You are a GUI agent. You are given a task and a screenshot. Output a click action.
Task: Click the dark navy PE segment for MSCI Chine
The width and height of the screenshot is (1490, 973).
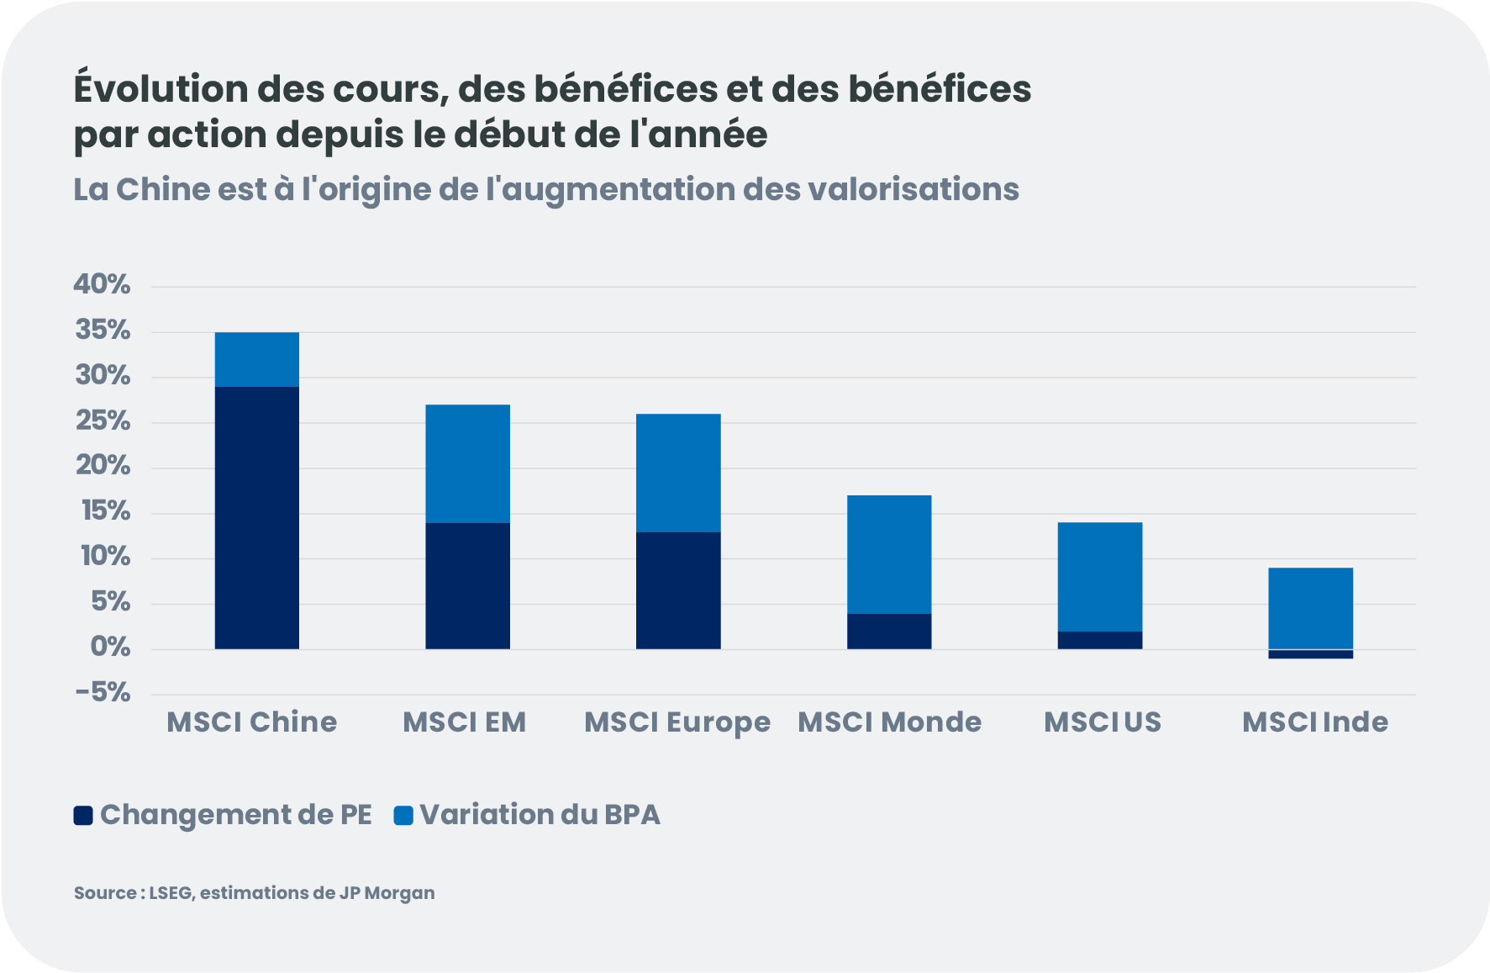pos(257,517)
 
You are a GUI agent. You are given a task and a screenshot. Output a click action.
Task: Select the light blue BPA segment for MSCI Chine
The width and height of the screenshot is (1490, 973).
pos(257,359)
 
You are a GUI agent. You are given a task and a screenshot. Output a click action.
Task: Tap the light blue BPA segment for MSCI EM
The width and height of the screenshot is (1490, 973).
pos(467,463)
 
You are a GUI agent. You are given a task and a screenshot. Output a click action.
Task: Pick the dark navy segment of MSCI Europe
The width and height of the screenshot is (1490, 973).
pos(678,590)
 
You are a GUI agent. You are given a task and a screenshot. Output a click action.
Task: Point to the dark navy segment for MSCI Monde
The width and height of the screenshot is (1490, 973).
pos(889,632)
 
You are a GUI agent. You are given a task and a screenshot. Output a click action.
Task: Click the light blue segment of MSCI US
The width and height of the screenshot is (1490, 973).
pos(1100,576)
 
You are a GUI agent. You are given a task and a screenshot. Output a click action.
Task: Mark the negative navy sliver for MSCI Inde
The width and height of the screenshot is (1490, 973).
pos(1310,654)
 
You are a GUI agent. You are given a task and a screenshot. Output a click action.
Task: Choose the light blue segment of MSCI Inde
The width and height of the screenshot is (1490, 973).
pos(1310,608)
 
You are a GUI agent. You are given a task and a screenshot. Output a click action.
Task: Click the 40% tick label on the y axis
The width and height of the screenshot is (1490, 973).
pos(103,284)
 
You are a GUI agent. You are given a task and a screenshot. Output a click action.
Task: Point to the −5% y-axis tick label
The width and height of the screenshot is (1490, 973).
pos(103,693)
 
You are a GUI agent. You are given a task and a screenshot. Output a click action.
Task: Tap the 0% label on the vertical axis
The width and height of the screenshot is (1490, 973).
pos(110,648)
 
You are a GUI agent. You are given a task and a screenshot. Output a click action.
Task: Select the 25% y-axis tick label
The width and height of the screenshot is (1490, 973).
pos(103,420)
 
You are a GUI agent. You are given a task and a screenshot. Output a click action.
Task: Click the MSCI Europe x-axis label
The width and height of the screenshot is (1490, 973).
pos(677,722)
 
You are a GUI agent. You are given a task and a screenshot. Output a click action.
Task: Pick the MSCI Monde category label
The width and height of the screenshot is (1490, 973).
pos(889,722)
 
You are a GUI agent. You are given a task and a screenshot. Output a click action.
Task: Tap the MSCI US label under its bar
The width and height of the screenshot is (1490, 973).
pos(1103,722)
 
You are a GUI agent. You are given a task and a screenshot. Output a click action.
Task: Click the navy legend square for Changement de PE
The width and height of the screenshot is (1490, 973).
pos(83,815)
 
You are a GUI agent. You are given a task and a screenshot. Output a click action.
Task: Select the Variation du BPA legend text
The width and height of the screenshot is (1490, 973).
pos(540,815)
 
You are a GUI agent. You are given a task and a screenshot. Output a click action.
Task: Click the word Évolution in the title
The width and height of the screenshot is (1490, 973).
pos(160,89)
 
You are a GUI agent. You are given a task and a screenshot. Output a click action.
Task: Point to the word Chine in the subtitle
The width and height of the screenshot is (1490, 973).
pos(163,190)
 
